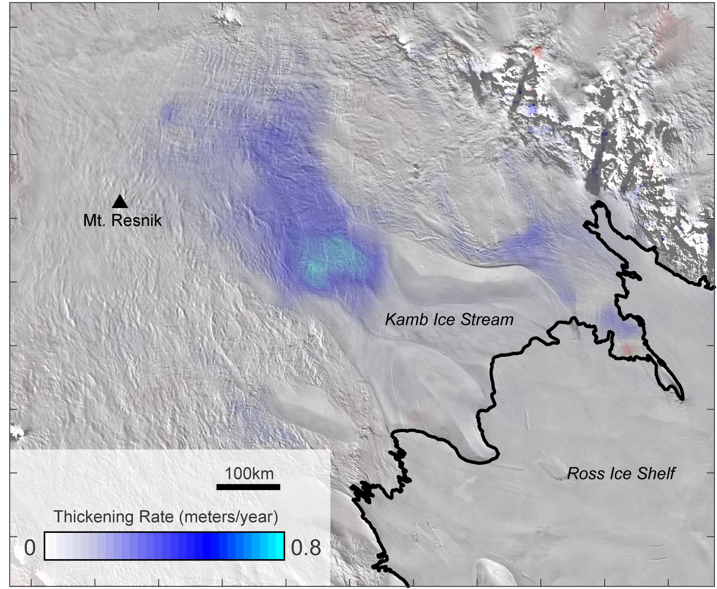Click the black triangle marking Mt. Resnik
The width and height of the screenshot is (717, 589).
point(120,202)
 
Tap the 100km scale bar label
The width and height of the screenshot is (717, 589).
point(249,473)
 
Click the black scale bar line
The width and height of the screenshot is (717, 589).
point(248,487)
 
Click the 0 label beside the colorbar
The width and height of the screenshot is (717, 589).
point(30,547)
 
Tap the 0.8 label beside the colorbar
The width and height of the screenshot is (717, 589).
point(306,547)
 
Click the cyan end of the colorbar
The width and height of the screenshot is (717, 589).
point(279,546)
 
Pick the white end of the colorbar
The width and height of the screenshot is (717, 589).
point(50,546)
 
